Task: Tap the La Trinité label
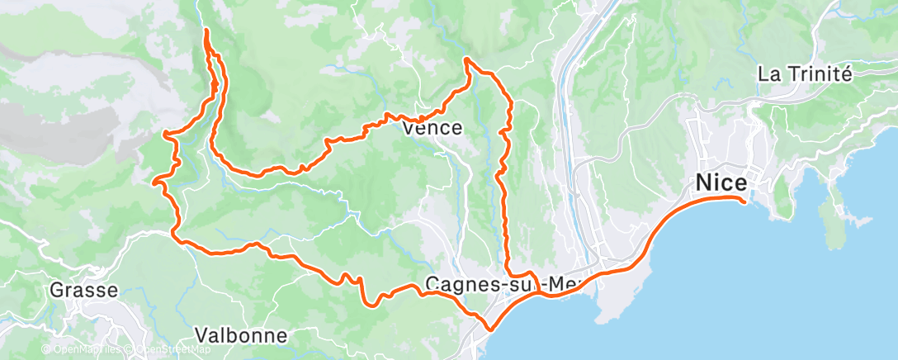804,73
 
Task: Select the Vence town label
432,129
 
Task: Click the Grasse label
83,290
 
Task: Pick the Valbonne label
241,335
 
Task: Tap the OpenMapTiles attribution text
83,350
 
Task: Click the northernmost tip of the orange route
205,30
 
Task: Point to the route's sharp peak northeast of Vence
467,59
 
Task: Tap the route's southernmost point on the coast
490,329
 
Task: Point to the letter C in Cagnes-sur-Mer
432,285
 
